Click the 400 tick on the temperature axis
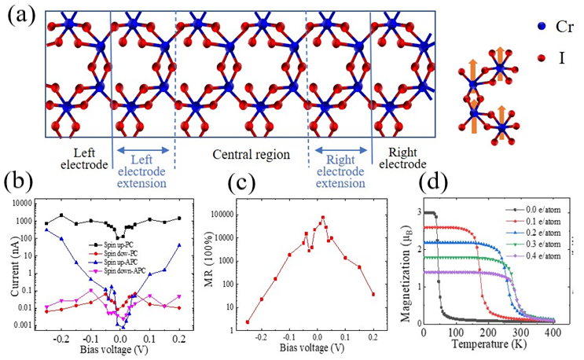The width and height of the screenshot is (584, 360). coord(553,332)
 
